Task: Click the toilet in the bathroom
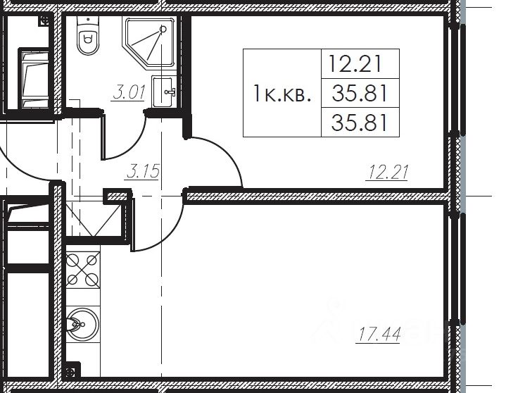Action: point(87,35)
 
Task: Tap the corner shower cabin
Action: point(149,43)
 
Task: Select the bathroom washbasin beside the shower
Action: point(164,92)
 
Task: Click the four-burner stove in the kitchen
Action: point(82,270)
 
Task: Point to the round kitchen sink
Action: point(82,324)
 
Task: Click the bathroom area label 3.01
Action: point(129,92)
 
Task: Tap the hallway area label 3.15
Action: point(142,171)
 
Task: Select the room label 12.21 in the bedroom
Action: point(387,172)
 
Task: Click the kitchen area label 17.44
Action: point(378,334)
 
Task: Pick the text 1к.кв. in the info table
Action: point(282,94)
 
